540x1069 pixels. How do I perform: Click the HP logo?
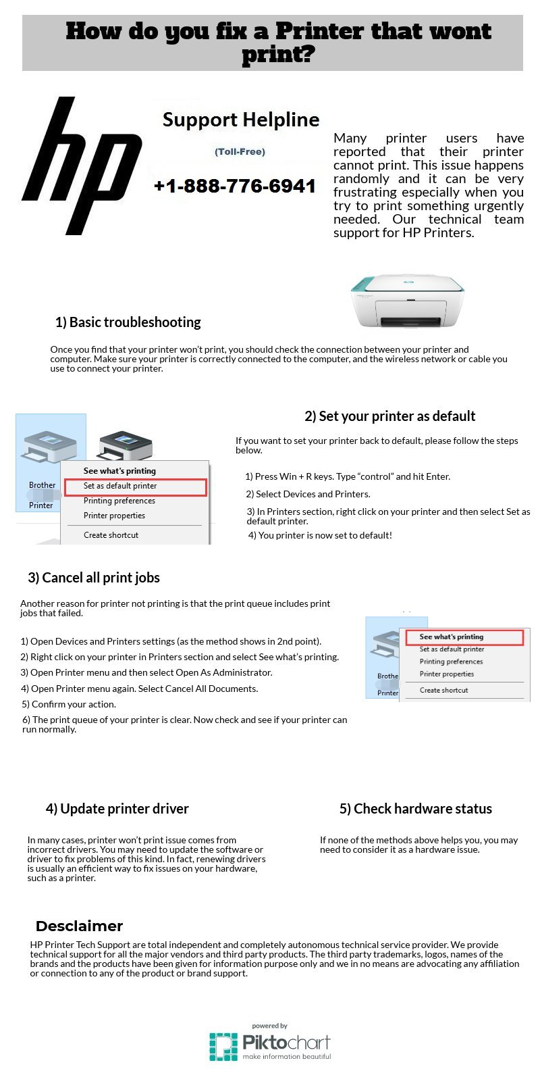click(x=82, y=166)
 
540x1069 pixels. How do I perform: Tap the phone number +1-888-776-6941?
click(x=235, y=186)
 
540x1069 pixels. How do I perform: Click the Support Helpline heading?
click(x=241, y=120)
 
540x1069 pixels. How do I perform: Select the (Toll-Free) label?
click(x=240, y=151)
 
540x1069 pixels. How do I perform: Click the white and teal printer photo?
click(x=407, y=301)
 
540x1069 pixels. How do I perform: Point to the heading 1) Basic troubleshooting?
click(x=128, y=322)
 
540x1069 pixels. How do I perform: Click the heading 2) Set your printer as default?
click(x=389, y=416)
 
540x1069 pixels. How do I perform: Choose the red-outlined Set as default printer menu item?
click(x=135, y=486)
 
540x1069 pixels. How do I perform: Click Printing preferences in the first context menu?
click(x=119, y=501)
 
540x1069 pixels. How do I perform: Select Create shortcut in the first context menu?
click(x=111, y=534)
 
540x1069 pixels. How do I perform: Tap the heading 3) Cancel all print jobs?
click(x=94, y=578)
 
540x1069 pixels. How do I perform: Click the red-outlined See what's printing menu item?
click(x=464, y=637)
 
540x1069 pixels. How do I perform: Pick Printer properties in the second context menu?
click(x=447, y=674)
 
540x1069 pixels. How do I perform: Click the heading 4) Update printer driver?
click(x=117, y=809)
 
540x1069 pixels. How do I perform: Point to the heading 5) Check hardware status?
click(x=416, y=809)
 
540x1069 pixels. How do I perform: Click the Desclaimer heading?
click(x=79, y=926)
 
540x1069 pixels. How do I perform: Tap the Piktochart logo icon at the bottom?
click(x=223, y=1047)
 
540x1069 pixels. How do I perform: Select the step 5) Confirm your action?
click(x=69, y=704)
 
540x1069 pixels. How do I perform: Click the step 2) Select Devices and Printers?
click(x=308, y=494)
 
